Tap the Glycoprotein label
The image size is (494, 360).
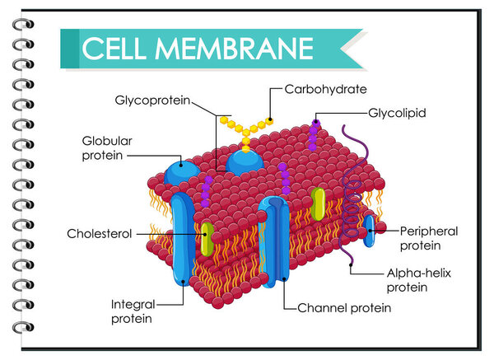tap(152, 101)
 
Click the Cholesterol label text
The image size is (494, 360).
tap(100, 234)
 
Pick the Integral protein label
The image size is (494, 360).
tap(133, 311)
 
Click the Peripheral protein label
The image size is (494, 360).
tap(428, 237)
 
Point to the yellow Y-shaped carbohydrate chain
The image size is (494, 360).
tap(245, 129)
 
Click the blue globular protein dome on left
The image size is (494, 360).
tap(182, 172)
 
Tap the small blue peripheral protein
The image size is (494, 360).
tap(370, 230)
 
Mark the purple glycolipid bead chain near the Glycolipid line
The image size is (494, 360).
tap(315, 134)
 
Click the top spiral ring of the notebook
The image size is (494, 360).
tap(22, 24)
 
